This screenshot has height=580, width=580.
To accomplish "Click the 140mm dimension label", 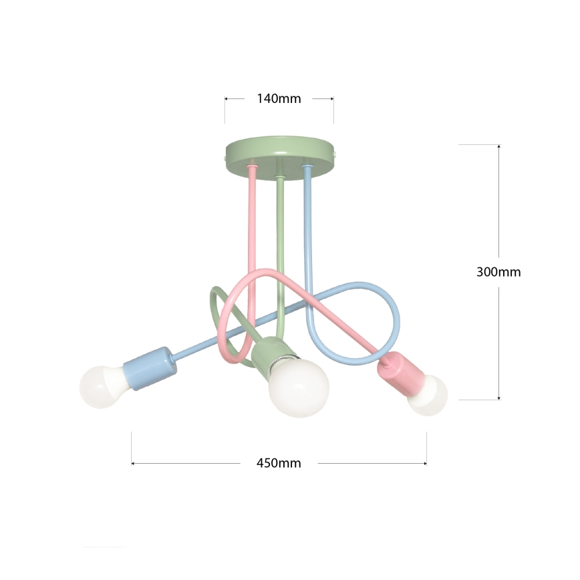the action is (x=279, y=99).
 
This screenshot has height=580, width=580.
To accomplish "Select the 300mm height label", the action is (x=498, y=272).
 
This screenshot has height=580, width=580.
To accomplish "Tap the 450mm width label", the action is (x=279, y=463).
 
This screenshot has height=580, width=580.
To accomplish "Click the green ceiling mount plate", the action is (x=281, y=154).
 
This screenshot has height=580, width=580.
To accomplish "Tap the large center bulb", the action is (x=298, y=388).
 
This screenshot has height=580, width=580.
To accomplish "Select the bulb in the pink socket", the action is (x=429, y=396).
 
